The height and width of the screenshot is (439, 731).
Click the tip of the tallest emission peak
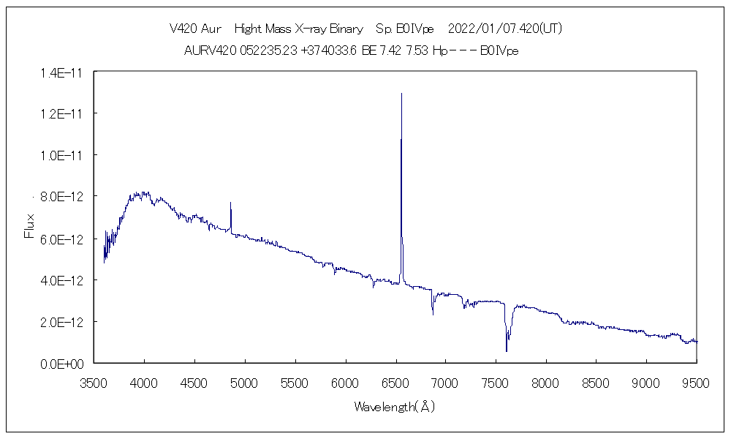pyautogui.click(x=401, y=94)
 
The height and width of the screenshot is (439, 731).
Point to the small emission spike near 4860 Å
pyautogui.click(x=231, y=203)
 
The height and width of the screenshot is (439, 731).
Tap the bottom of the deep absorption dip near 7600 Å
pyautogui.click(x=507, y=350)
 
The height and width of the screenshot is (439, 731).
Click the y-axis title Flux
pyautogui.click(x=29, y=226)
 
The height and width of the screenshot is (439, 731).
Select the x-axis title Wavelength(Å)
pyautogui.click(x=395, y=407)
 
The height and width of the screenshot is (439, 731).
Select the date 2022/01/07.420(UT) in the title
pyautogui.click(x=504, y=29)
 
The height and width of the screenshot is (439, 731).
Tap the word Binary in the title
pyautogui.click(x=346, y=29)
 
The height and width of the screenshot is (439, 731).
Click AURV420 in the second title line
pyautogui.click(x=211, y=50)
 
